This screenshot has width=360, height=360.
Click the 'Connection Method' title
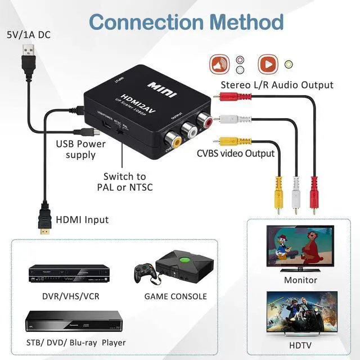186,22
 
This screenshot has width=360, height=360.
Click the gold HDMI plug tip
43,230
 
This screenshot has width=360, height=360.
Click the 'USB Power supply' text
80,149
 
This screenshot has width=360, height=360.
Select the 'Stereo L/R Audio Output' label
277,85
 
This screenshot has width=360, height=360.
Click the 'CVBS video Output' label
236,153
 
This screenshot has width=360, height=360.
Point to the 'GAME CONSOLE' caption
175,296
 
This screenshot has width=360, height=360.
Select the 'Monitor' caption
300,280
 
